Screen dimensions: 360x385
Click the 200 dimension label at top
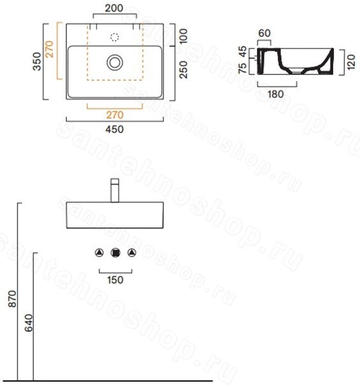(x=114, y=8)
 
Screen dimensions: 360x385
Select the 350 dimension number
(x=37, y=61)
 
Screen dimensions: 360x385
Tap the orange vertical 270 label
(x=50, y=49)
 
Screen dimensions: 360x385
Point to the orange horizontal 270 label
(x=115, y=115)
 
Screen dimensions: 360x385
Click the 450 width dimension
(x=115, y=129)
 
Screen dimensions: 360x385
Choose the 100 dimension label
(x=184, y=36)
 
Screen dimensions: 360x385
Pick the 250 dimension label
(x=184, y=69)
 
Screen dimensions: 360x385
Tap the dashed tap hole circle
(x=115, y=38)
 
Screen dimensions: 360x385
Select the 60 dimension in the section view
(x=264, y=33)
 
